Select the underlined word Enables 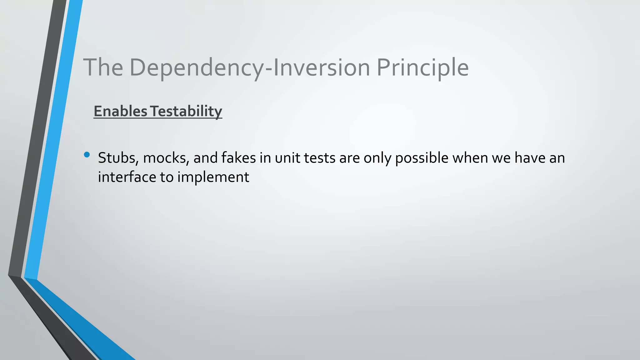click(x=120, y=111)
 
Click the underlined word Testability click(x=186, y=111)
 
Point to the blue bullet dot click(x=87, y=154)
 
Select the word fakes click(x=238, y=158)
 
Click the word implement click(x=213, y=177)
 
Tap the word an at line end click(x=557, y=158)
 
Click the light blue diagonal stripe click(x=53, y=141)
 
